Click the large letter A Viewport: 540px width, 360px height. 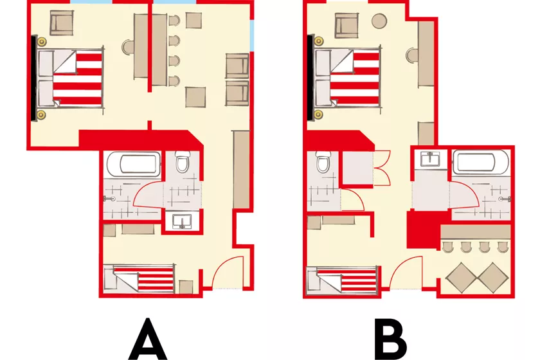point(148,339)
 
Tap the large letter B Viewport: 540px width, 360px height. point(391,339)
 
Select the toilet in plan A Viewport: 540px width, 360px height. point(182,161)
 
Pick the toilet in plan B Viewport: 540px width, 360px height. point(323,161)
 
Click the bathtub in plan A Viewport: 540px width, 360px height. point(134,164)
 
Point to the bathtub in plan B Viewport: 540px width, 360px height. point(481,162)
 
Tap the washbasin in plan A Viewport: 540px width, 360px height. point(181,221)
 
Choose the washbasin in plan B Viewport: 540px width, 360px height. point(430,159)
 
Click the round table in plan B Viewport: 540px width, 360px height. point(379,21)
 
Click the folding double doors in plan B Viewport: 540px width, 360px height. point(382,168)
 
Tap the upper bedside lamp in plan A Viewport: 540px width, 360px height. point(42,42)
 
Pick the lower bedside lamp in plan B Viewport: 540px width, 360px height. point(319,114)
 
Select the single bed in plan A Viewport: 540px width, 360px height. point(139,278)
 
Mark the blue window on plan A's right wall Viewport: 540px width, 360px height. point(252,35)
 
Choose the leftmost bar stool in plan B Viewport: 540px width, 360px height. point(447,247)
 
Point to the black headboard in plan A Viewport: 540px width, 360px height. point(33,78)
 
